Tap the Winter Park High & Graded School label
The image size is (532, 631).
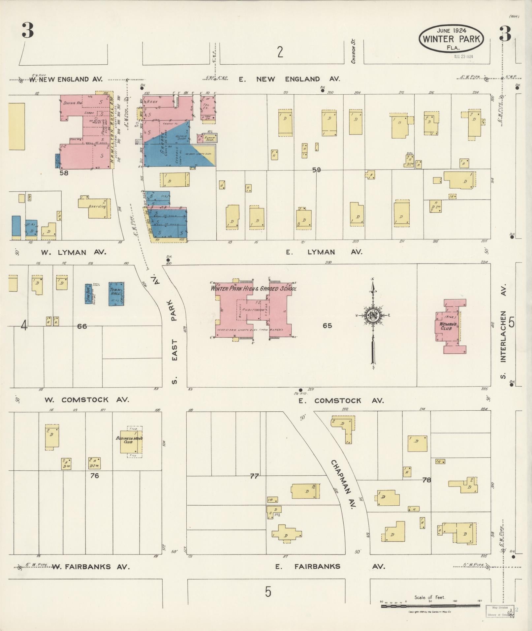[x=254, y=289]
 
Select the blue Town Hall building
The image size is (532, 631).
[x=116, y=294]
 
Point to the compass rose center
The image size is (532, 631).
[x=373, y=315]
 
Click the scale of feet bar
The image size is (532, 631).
[x=430, y=606]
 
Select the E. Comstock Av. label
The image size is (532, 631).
[x=341, y=400]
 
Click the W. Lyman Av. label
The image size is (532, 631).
[x=73, y=252]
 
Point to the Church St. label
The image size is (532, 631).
[x=353, y=51]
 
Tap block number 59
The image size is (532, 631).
[x=317, y=170]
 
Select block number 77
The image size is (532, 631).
[x=254, y=476]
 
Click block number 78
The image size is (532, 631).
[x=427, y=480]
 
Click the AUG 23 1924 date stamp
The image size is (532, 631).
[x=463, y=56]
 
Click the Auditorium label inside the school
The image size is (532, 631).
[x=252, y=310]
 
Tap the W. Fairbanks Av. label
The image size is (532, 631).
[x=91, y=567]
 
